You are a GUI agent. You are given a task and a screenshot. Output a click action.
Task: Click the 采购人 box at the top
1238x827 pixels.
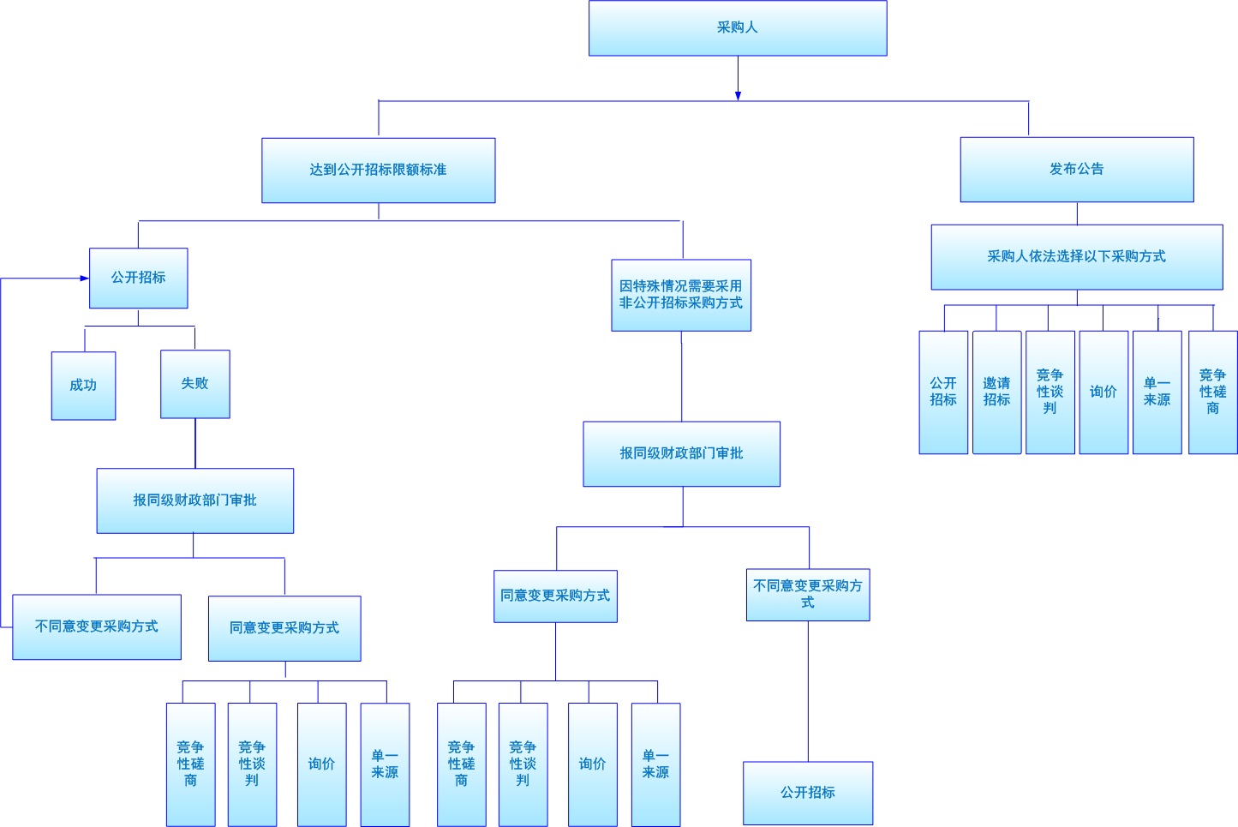tap(738, 28)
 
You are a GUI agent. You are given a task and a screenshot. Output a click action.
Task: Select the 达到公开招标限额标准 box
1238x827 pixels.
tap(378, 171)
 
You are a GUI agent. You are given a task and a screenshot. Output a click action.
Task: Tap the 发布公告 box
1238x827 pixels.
tap(1076, 170)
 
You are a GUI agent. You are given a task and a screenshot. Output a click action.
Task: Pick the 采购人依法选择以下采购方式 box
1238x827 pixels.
tap(1076, 257)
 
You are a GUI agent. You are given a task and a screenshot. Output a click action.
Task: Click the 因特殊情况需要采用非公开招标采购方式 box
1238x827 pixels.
tap(681, 295)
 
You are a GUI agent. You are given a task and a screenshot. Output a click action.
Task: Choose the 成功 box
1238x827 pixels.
tap(83, 386)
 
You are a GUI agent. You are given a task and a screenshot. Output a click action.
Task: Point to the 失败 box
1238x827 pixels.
tap(194, 384)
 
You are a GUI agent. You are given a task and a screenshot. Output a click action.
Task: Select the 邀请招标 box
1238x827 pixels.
tap(996, 392)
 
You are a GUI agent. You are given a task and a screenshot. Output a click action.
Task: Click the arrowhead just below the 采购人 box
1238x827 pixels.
tap(738, 95)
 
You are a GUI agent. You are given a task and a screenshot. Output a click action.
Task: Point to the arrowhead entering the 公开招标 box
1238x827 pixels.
tap(84, 279)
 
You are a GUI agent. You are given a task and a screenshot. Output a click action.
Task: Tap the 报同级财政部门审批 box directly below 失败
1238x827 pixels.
tap(194, 500)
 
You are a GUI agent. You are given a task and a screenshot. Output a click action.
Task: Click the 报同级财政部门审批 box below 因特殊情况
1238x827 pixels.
tap(681, 453)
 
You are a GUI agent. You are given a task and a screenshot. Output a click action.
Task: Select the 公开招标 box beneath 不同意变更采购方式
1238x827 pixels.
tap(807, 793)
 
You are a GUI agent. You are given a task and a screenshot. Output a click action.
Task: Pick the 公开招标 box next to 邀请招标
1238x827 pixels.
tap(943, 392)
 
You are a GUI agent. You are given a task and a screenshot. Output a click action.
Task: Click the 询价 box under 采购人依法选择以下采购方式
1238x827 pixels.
tap(1103, 392)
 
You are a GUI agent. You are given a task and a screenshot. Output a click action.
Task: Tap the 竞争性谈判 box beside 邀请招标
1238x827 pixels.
tap(1050, 392)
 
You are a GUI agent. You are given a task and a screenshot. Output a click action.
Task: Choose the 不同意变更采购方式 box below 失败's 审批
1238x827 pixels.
tap(96, 626)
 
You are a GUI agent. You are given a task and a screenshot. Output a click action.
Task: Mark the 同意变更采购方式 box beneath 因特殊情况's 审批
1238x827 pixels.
tap(555, 596)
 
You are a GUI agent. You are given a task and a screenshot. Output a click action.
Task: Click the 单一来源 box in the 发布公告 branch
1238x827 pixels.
tap(1157, 392)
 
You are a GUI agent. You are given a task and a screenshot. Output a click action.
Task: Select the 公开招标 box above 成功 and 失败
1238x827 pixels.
tap(138, 278)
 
